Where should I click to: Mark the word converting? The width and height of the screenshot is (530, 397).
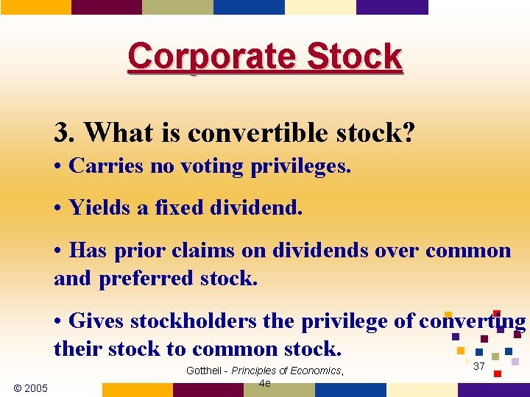(x=472, y=321)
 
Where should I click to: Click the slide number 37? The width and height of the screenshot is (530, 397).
(x=479, y=366)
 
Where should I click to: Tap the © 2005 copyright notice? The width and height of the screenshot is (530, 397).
(x=31, y=387)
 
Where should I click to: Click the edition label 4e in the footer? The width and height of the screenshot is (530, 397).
(x=265, y=383)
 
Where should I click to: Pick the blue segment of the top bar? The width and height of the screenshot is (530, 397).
(x=249, y=7)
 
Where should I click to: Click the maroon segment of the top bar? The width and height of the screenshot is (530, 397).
(x=107, y=7)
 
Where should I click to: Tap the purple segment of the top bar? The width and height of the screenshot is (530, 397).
(x=392, y=7)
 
